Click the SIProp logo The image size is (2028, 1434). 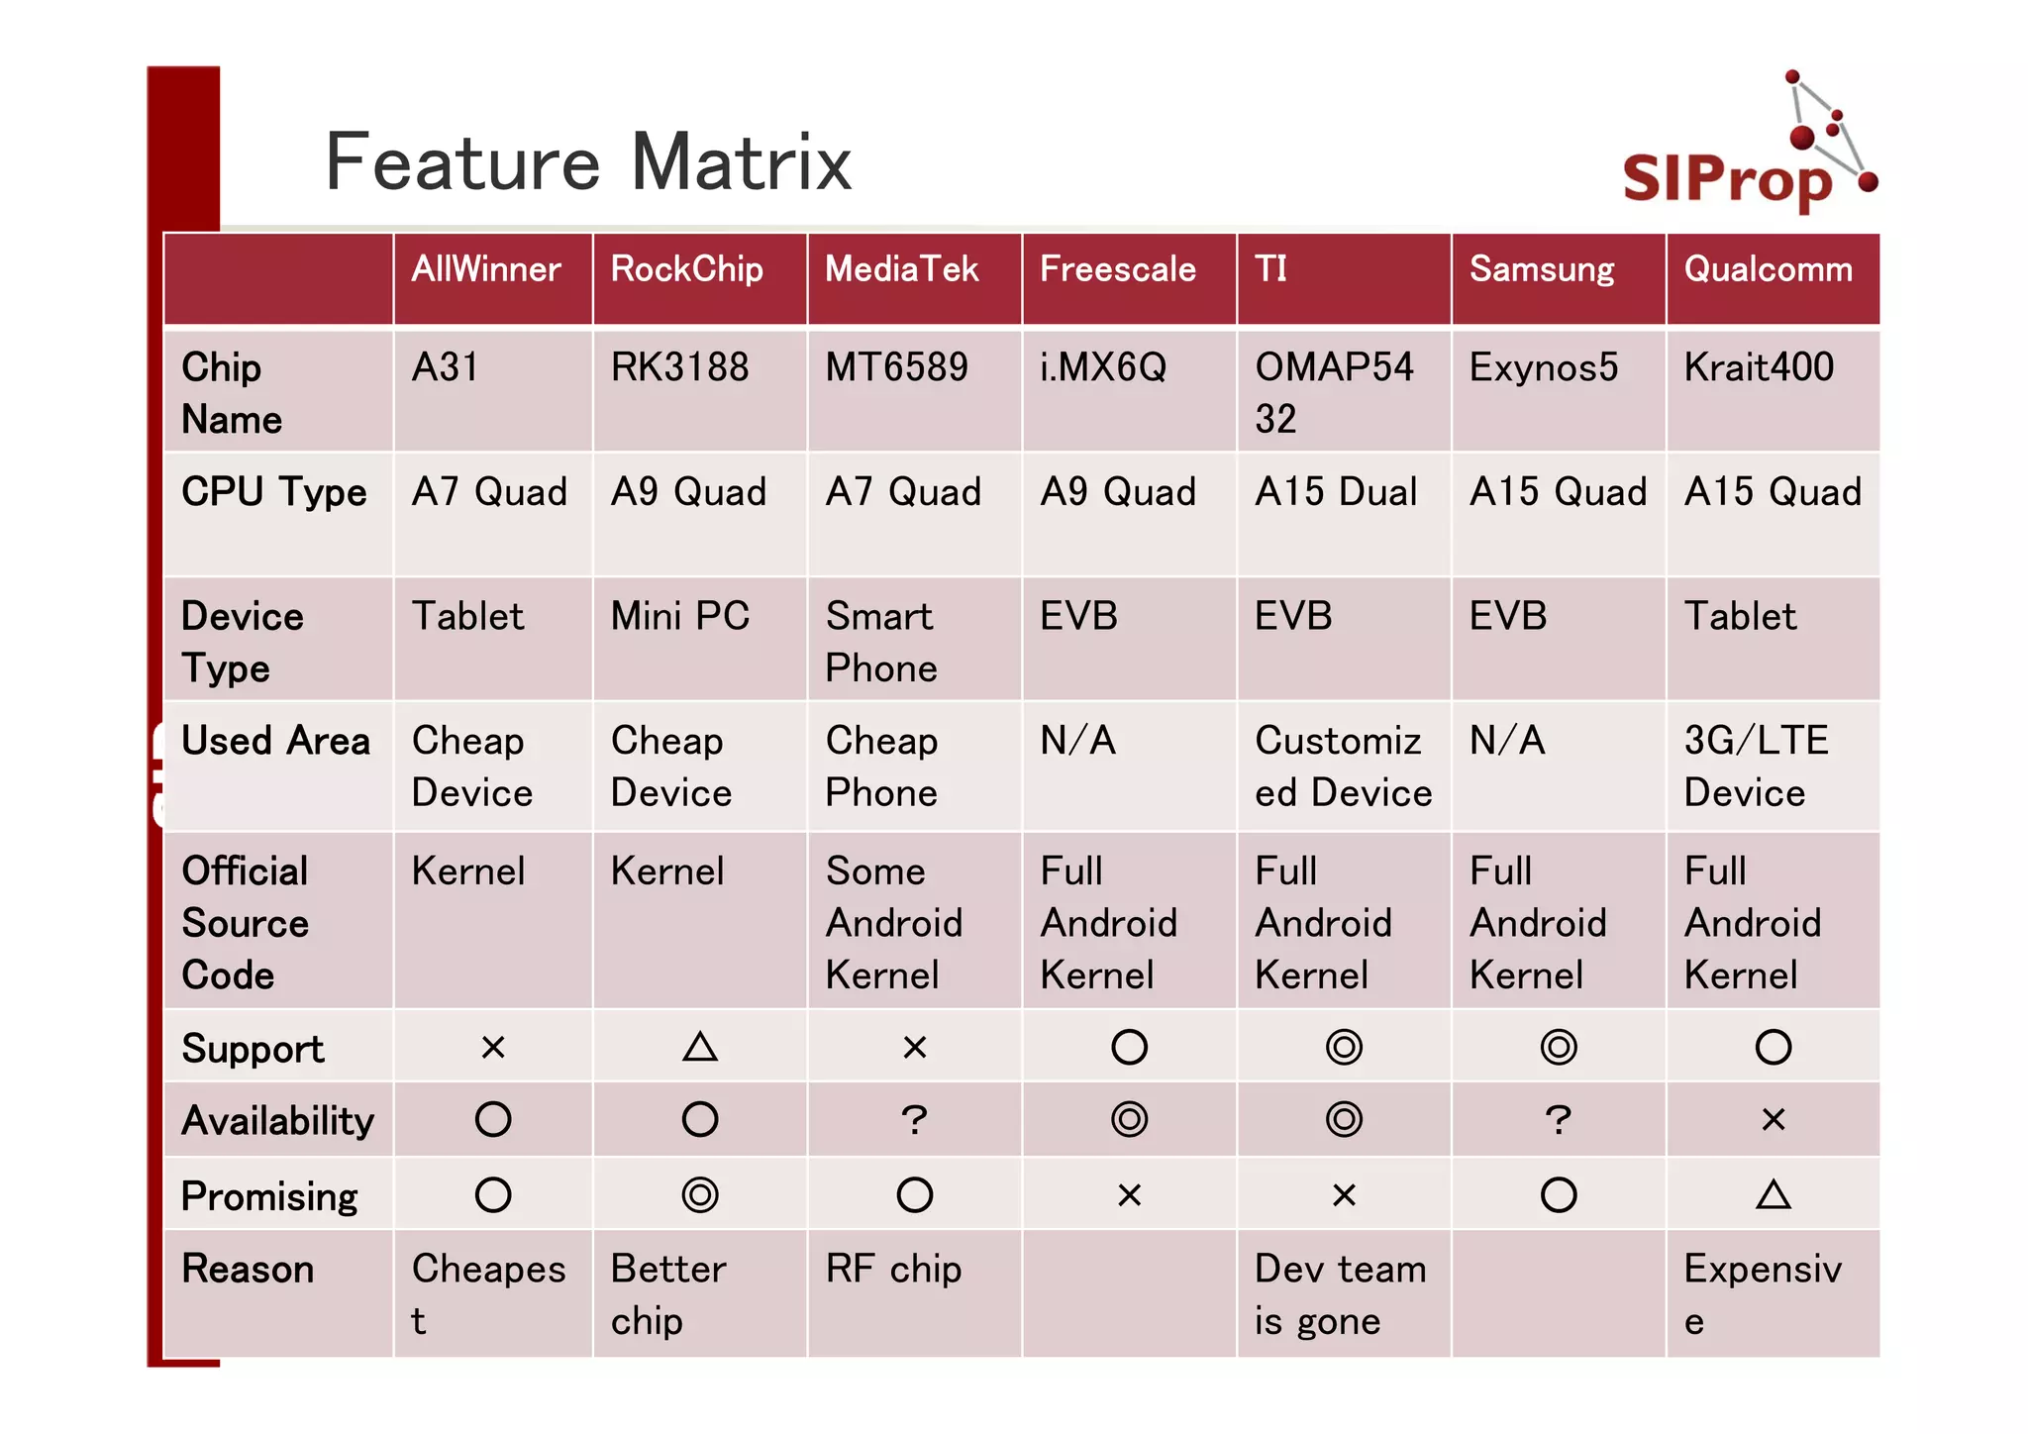coord(1748,149)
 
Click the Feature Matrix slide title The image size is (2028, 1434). coord(588,162)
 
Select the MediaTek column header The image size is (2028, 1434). coord(901,269)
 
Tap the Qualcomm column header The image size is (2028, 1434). coord(1768,269)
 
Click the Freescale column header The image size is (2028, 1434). coord(1117,269)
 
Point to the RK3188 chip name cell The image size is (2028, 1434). coord(679,367)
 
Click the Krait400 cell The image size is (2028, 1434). coord(1759,367)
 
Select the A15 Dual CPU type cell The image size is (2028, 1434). coord(1336,492)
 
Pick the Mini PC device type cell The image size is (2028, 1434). coord(679,616)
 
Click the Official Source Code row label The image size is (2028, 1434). coord(246,922)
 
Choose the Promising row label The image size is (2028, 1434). coord(269,1196)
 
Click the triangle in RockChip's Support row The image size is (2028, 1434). coord(700,1047)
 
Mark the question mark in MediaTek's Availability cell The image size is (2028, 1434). coord(914,1120)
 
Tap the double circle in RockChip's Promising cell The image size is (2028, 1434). coord(700,1195)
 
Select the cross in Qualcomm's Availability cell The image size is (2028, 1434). coord(1773,1120)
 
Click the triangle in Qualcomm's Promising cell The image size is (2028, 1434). coord(1773,1195)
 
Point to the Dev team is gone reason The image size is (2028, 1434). coord(1339,1294)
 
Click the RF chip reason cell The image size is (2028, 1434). coord(893,1270)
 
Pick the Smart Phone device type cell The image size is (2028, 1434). coord(880,642)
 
